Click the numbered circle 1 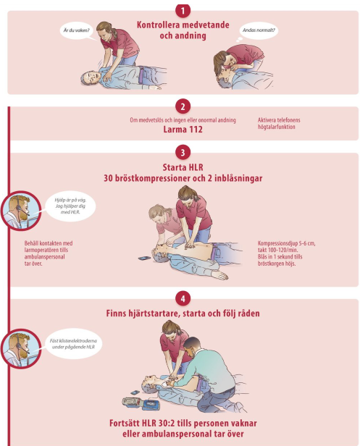pyautogui.click(x=183, y=11)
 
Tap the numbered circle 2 pyautogui.click(x=183, y=106)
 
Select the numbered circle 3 pyautogui.click(x=183, y=153)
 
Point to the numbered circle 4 pyautogui.click(x=183, y=298)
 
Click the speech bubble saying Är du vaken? pyautogui.click(x=77, y=30)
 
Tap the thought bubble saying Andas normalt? pyautogui.click(x=259, y=30)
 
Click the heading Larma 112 pyautogui.click(x=183, y=130)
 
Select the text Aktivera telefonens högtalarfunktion pyautogui.click(x=279, y=123)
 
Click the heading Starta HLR pyautogui.click(x=183, y=167)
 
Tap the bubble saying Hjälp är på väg pyautogui.click(x=70, y=206)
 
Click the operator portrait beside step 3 pyautogui.click(x=21, y=211)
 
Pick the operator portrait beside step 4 pyautogui.click(x=21, y=348)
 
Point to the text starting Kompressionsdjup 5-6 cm pyautogui.click(x=286, y=253)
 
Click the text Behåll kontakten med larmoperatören pyautogui.click(x=49, y=253)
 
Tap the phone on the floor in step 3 pyautogui.click(x=144, y=258)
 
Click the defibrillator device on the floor pyautogui.click(x=141, y=403)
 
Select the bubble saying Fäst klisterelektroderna pyautogui.click(x=73, y=344)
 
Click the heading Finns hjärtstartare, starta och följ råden pyautogui.click(x=183, y=314)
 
